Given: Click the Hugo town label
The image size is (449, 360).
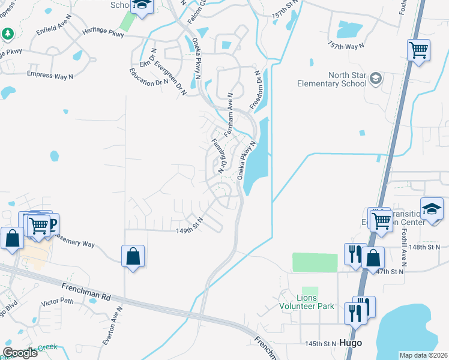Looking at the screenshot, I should point(351,343).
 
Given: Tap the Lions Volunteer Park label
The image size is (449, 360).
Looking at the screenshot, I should point(307,302).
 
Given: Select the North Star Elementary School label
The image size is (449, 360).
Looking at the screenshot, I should point(332,80).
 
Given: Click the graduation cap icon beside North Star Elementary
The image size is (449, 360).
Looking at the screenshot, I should point(375,79).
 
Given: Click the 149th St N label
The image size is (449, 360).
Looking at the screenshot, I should point(189,230).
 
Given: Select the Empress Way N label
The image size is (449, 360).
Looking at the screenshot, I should point(50,74).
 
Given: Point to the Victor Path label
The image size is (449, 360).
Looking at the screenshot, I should point(57,301).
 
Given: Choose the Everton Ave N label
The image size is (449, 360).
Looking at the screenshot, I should point(112,326).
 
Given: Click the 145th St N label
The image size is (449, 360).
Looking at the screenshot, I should point(320,344).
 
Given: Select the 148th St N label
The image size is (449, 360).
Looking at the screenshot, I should point(426,247).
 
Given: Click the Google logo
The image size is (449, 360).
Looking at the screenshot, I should point(20,353).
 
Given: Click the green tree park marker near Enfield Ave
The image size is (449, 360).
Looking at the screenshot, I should point(8,32).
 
